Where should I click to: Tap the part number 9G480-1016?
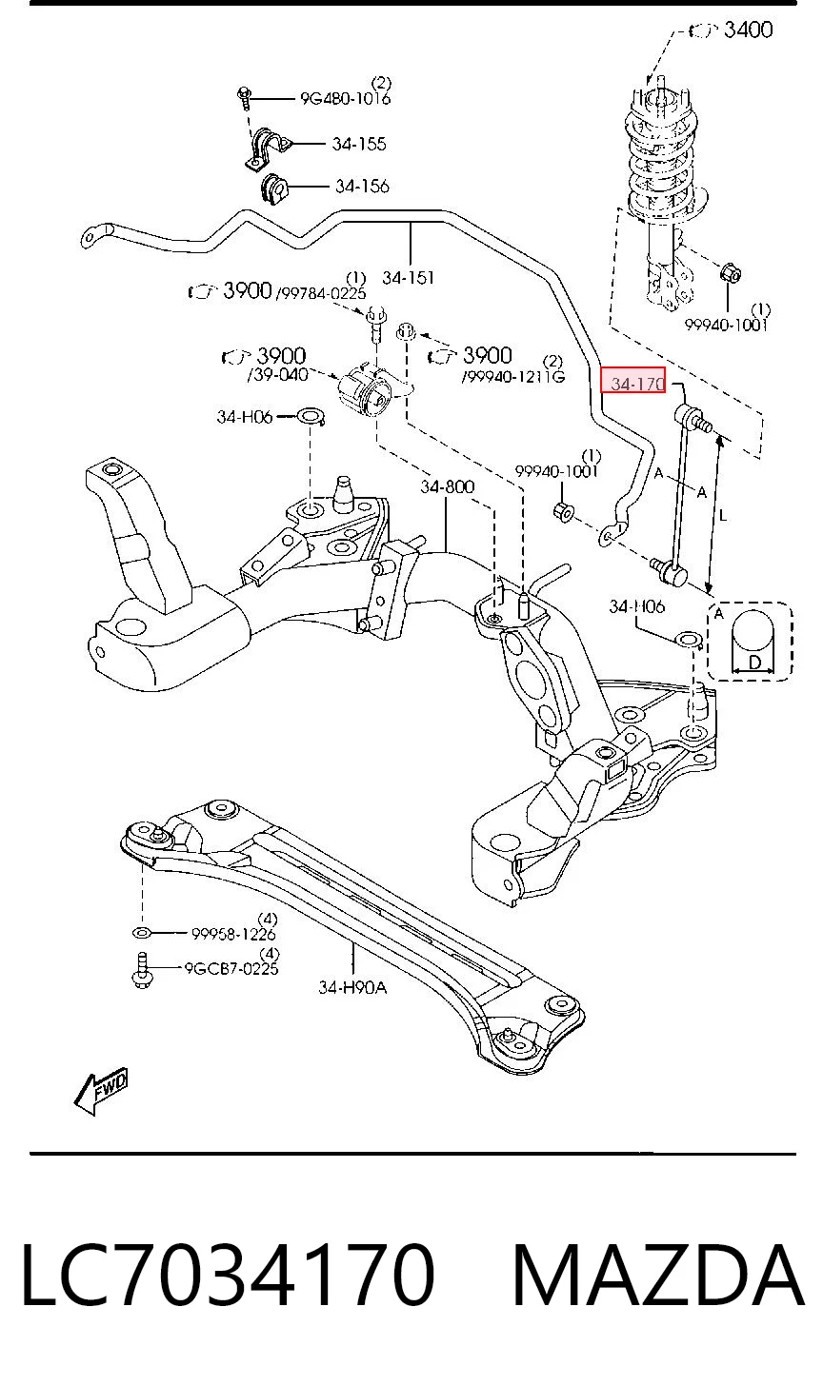tap(345, 98)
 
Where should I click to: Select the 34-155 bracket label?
tap(358, 144)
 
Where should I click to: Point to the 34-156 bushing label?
tap(362, 187)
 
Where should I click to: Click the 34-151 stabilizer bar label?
tap(408, 278)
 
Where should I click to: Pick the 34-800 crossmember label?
tap(447, 487)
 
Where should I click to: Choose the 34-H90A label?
tap(352, 987)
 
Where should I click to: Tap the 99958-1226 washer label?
tap(233, 934)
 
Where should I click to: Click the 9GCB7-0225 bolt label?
tap(231, 968)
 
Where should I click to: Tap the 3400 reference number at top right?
tap(748, 30)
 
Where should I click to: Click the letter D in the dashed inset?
tap(754, 663)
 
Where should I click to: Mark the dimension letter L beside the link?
tap(723, 515)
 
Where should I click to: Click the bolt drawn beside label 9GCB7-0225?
tap(141, 970)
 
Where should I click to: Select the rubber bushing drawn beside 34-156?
tap(273, 189)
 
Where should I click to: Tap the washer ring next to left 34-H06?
tap(311, 416)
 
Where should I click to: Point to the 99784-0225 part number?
tap(321, 292)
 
